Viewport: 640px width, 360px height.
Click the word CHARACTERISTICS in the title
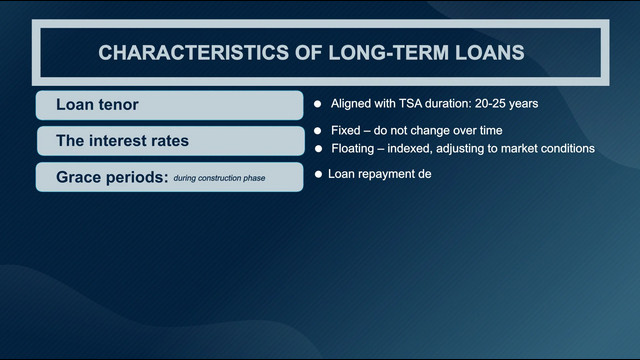(193, 53)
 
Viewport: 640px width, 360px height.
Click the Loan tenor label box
(169, 105)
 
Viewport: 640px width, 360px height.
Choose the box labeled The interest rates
(171, 141)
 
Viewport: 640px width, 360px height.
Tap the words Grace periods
(112, 178)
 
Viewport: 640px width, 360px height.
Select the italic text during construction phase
(219, 178)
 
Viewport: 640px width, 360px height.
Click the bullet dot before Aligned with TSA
(318, 104)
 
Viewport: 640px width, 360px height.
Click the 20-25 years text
(506, 104)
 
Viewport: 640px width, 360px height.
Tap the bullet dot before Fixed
(318, 131)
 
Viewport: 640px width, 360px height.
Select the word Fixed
(346, 131)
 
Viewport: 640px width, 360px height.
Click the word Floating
(353, 149)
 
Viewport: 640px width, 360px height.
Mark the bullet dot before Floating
(318, 149)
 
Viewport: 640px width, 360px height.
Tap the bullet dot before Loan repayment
(318, 174)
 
